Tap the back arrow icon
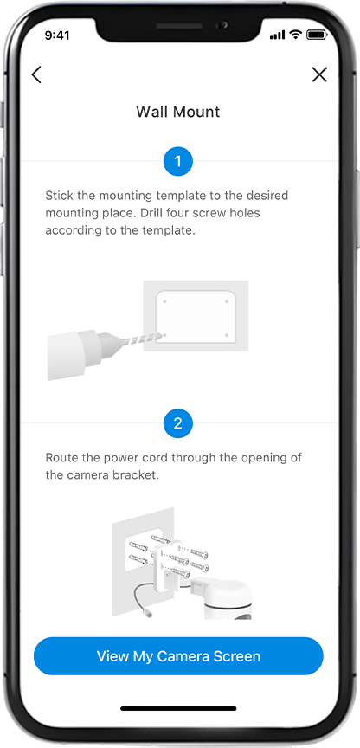pyautogui.click(x=36, y=75)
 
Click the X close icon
pyautogui.click(x=319, y=74)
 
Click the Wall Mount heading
pyautogui.click(x=178, y=112)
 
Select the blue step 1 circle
pyautogui.click(x=178, y=162)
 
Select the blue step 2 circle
pyautogui.click(x=178, y=423)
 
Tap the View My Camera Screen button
pyautogui.click(x=178, y=656)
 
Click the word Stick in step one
pyautogui.click(x=57, y=196)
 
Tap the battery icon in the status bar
pyautogui.click(x=316, y=35)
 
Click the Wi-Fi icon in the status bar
pyautogui.click(x=296, y=35)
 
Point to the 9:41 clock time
pyautogui.click(x=57, y=35)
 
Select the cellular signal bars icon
pyautogui.click(x=278, y=35)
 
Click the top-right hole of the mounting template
pyautogui.click(x=226, y=302)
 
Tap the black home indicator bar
pyautogui.click(x=178, y=709)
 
